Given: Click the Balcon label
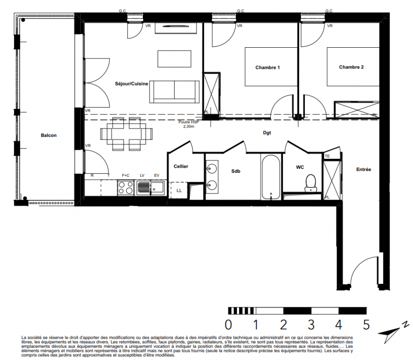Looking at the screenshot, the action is tap(49, 135).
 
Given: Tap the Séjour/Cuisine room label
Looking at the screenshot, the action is tap(132, 84).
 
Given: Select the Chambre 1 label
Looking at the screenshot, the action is tap(268, 67).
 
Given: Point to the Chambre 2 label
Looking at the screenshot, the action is tap(351, 67).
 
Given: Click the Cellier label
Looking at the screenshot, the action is tap(181, 166).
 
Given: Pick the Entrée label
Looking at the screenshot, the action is tap(363, 170).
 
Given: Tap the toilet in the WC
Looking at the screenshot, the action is tap(311, 183).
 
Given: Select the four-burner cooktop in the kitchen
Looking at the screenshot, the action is tap(126, 188).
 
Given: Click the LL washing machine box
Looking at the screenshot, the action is tap(179, 190).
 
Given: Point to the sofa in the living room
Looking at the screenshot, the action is tap(174, 92).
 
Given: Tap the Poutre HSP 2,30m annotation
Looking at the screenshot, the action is tap(189, 124).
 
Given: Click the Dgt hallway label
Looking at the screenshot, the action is tap(267, 133).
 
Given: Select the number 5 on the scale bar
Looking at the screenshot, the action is tap(366, 325).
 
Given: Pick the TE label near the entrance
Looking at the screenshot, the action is tap(327, 156).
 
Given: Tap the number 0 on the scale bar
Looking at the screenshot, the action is tap(228, 325).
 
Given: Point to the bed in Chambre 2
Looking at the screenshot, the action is tap(353, 67).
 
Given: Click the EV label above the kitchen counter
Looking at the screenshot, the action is tap(157, 175).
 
